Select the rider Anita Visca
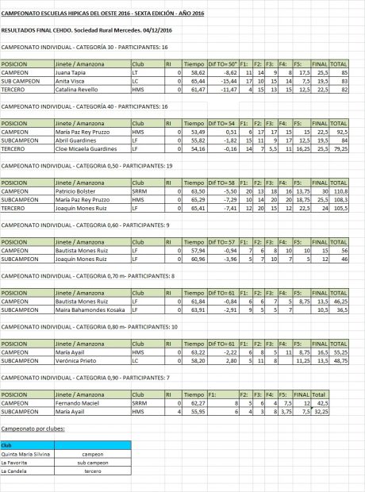click(x=68, y=81)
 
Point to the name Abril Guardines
click(x=72, y=140)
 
